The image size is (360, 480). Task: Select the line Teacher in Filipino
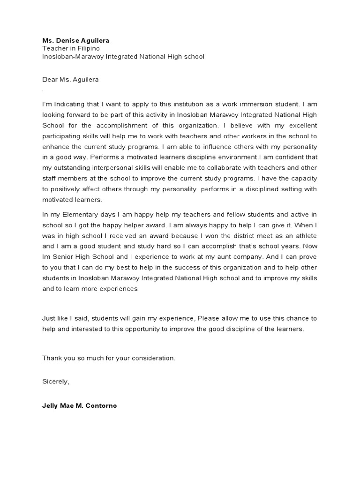coord(71,48)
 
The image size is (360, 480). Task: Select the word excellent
coord(302,125)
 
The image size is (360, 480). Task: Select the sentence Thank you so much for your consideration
coord(109,358)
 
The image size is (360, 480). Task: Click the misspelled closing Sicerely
coord(56,382)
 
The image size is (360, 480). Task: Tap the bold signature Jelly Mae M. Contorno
coord(79,406)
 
